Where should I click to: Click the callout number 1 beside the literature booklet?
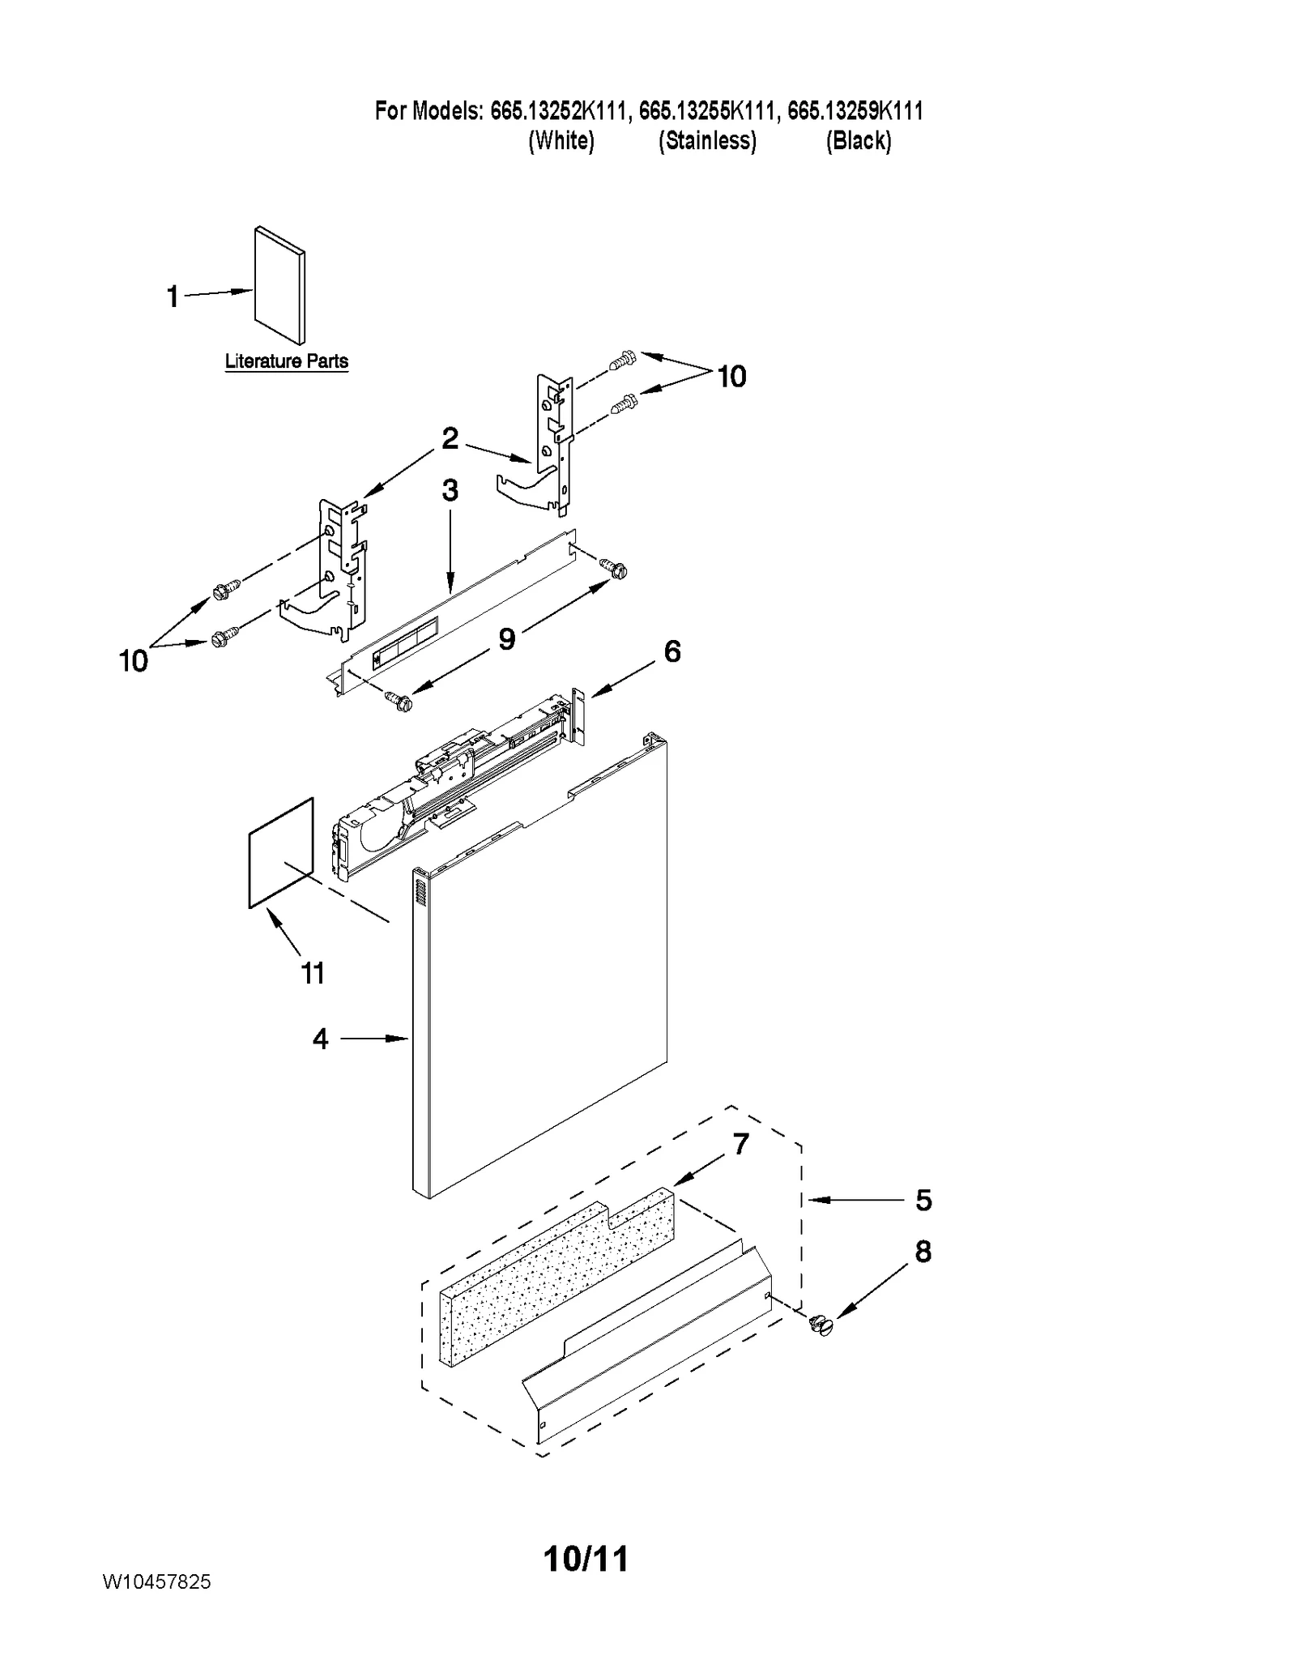click(x=172, y=297)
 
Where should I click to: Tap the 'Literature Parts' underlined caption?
click(x=286, y=361)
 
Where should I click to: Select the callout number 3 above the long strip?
click(x=450, y=490)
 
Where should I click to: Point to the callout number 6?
click(x=672, y=651)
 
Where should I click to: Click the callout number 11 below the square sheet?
click(x=313, y=972)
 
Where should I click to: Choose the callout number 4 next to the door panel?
click(x=321, y=1039)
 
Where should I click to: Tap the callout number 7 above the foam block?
click(x=740, y=1144)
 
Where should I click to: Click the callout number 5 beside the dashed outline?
click(x=923, y=1200)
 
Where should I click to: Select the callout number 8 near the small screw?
click(x=923, y=1252)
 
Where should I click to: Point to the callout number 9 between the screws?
click(x=506, y=639)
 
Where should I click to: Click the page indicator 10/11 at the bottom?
click(x=586, y=1558)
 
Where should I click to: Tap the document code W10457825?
click(x=156, y=1581)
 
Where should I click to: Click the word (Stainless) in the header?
click(x=707, y=141)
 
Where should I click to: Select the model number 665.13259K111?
click(x=855, y=111)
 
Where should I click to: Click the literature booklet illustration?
click(x=280, y=285)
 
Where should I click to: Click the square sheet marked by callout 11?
click(x=280, y=852)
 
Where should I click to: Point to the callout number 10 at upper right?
click(x=731, y=377)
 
